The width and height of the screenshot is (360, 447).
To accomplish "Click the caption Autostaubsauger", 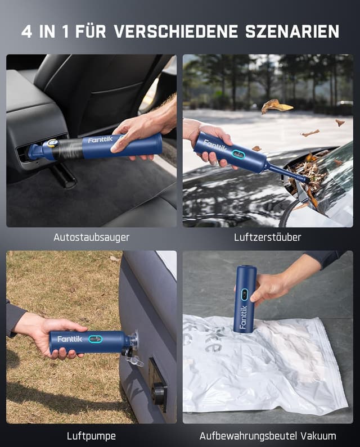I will pyautogui.click(x=91, y=237).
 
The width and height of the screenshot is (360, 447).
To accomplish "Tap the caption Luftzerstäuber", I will pyautogui.click(x=267, y=237).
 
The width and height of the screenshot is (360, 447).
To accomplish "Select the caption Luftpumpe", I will pyautogui.click(x=91, y=435).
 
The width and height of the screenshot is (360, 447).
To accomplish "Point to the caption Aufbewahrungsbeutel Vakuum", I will pyautogui.click(x=268, y=435).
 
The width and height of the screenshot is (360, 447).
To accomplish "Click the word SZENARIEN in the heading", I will pyautogui.click(x=292, y=31).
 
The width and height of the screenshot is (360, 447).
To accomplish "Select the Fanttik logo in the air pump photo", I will pyautogui.click(x=69, y=339).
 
